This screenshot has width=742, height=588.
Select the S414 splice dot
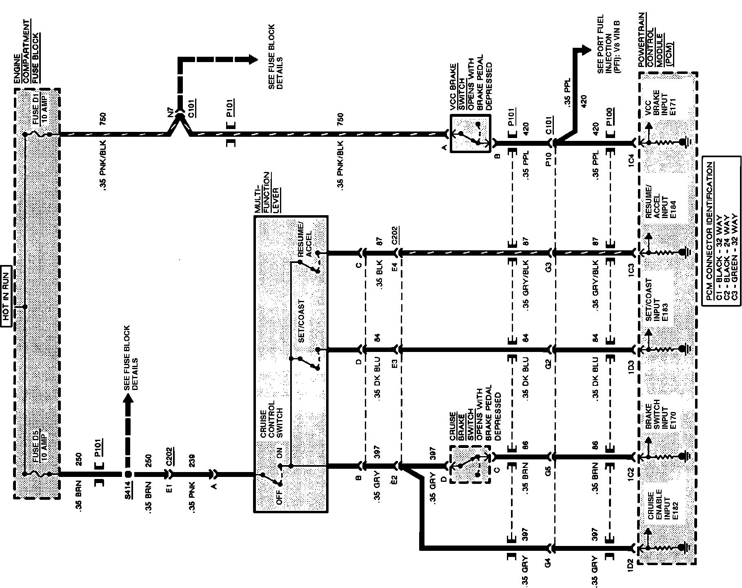(128, 474)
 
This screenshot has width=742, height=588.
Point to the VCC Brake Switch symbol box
(470, 134)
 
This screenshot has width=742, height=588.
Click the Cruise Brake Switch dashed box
(470, 465)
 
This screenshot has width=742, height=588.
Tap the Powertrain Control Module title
(655, 40)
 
